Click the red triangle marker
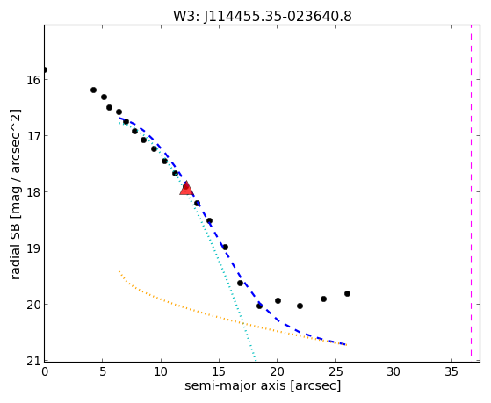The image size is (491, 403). (186, 189)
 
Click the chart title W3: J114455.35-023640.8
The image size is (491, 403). (263, 16)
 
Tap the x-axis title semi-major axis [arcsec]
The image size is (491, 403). (263, 385)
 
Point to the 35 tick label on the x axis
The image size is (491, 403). (451, 371)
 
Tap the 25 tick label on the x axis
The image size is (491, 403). (336, 371)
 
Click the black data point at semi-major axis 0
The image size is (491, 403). (45, 69)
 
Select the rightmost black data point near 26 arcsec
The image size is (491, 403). (347, 294)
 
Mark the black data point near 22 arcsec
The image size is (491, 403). (300, 306)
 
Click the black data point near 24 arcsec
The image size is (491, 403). (324, 299)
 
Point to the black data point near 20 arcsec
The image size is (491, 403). (278, 300)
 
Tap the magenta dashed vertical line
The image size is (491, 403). (471, 193)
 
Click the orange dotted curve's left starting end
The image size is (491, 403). (119, 272)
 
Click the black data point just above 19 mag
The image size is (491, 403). (225, 247)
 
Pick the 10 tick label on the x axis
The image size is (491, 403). (161, 371)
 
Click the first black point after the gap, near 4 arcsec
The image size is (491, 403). (93, 90)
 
